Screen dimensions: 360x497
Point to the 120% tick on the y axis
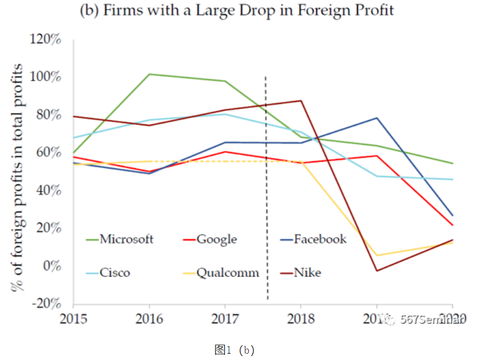(47, 40)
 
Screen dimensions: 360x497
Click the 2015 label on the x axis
(73, 319)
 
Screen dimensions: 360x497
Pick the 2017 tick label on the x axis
(225, 319)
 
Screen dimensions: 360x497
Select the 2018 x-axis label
(301, 319)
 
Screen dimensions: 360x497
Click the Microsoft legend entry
(126, 239)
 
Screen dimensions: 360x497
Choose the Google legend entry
(216, 239)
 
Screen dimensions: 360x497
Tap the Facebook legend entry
(320, 239)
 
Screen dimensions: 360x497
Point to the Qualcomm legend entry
(228, 273)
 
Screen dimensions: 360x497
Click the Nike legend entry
(307, 273)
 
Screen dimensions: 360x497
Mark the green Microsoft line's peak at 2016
(149, 74)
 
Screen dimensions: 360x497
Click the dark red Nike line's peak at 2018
(301, 101)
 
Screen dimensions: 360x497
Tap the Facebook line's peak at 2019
(377, 118)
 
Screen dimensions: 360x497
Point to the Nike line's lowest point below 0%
(377, 270)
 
